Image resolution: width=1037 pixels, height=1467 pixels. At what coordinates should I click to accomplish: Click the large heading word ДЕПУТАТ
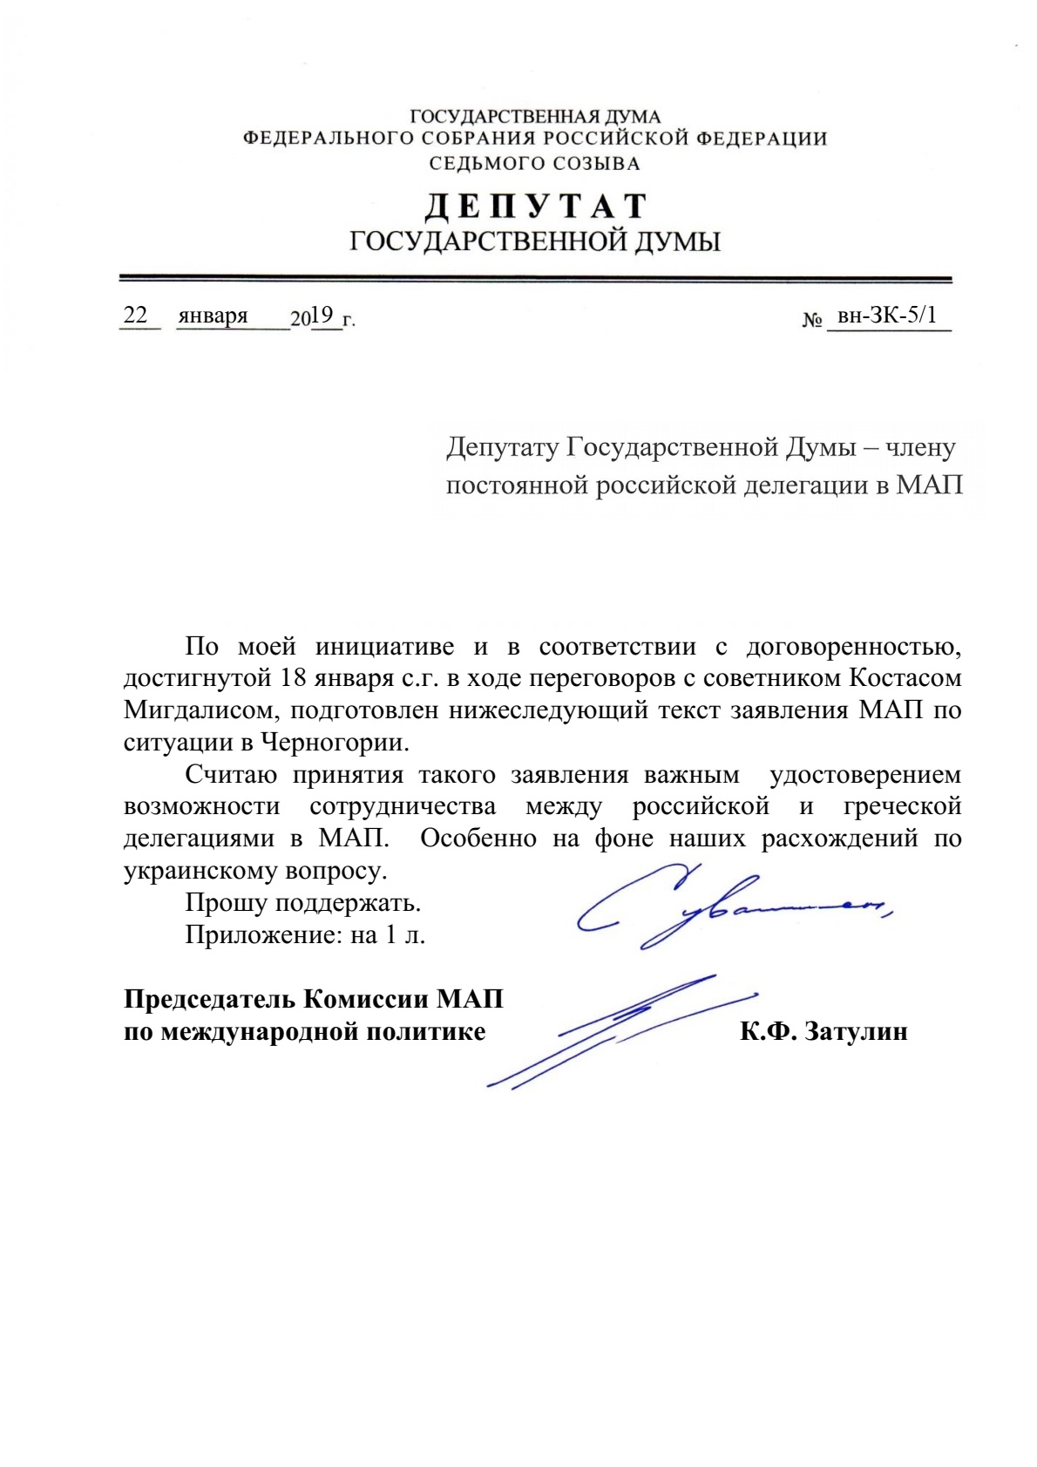click(535, 207)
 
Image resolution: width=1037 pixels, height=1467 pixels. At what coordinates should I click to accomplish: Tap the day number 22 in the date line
click(136, 316)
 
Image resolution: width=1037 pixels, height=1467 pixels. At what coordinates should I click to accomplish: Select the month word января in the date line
click(213, 316)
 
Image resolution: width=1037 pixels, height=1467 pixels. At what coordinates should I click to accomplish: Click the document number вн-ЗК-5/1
click(886, 315)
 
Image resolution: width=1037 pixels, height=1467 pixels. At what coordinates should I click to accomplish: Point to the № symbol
click(812, 321)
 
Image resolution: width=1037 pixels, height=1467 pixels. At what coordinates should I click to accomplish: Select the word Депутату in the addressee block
click(502, 448)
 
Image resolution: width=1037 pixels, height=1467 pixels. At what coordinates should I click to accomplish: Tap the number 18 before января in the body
click(292, 677)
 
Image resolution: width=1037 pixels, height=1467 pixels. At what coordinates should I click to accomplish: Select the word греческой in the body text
click(902, 806)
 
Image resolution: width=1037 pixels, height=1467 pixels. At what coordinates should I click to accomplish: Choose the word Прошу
click(226, 902)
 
